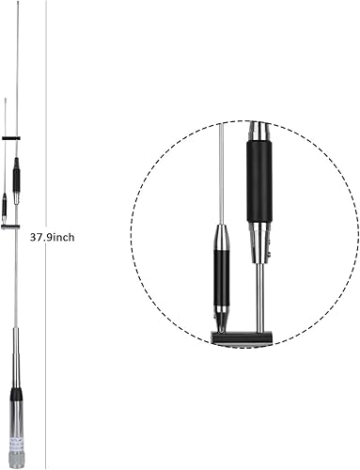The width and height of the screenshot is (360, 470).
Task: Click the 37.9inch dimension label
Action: click(53, 238)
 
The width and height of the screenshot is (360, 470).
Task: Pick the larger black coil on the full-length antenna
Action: click(16, 176)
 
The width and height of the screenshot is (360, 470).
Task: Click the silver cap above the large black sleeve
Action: click(258, 132)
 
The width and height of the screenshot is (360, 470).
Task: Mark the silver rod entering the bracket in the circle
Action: click(260, 301)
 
